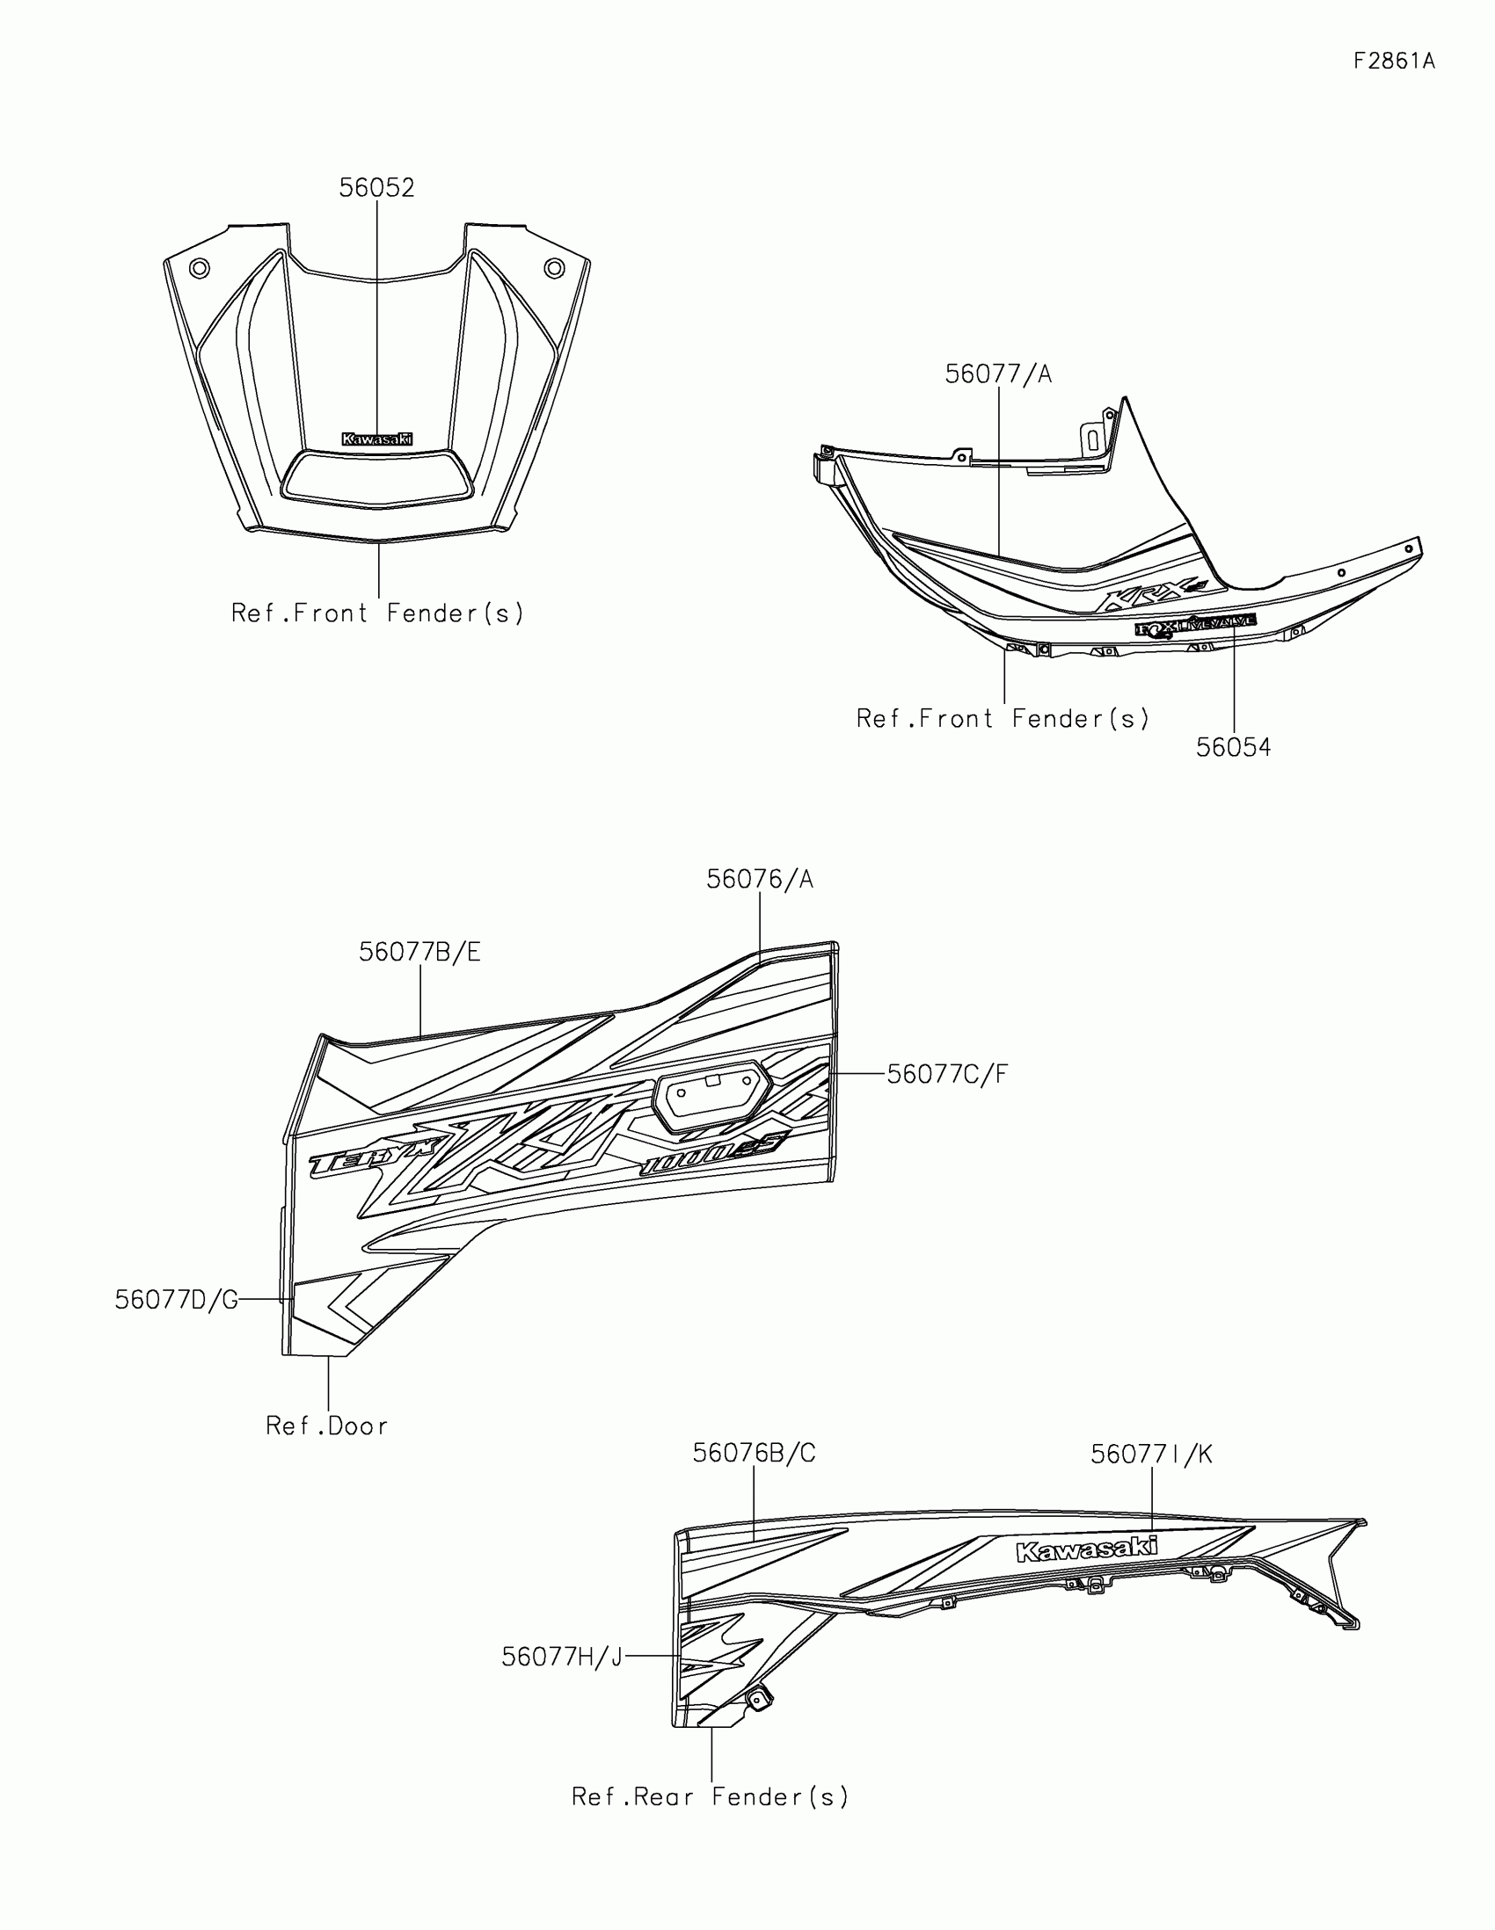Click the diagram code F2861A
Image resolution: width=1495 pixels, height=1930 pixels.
[1394, 61]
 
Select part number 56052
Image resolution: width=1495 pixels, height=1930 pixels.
[376, 188]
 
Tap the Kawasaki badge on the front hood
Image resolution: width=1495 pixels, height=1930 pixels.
[376, 439]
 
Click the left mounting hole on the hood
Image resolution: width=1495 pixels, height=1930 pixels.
[200, 267]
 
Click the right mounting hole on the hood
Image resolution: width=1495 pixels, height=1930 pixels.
[553, 267]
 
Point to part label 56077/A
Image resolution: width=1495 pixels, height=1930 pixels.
[998, 374]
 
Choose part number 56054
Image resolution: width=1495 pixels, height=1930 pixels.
[1233, 748]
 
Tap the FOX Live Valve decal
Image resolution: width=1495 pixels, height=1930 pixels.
[1195, 627]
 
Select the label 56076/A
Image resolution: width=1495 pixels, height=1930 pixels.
[760, 879]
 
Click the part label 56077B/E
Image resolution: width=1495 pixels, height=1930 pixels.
[420, 952]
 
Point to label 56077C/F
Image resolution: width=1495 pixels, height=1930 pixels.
[947, 1074]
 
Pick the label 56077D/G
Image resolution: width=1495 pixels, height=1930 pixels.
[177, 1300]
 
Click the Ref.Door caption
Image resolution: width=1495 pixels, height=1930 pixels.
[327, 1426]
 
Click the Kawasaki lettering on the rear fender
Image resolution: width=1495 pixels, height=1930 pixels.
[1087, 1549]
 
